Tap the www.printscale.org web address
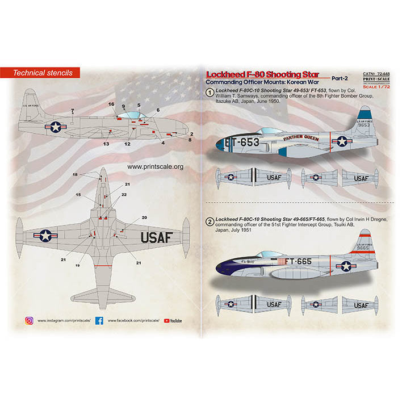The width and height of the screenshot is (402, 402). point(155,167)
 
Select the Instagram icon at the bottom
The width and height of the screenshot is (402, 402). point(29,321)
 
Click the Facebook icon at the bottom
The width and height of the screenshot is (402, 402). point(99,321)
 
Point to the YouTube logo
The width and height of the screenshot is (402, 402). point(173,321)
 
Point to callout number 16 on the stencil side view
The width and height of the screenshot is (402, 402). point(111,104)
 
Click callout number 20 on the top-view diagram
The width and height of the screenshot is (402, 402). point(144,217)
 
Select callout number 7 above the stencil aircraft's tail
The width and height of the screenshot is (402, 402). point(72,110)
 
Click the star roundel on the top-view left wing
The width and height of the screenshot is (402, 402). point(45,235)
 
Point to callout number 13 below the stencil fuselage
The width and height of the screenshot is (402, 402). point(106,144)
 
